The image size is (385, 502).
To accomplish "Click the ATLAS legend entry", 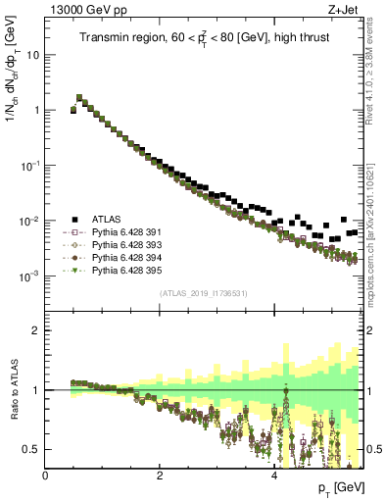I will tap(109, 219).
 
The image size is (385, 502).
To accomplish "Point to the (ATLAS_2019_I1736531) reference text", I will tap(203, 294).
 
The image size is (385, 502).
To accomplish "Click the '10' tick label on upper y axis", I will tap(31, 55).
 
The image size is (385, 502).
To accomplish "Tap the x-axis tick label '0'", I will tap(46, 477).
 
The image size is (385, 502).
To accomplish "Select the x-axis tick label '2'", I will tap(160, 477).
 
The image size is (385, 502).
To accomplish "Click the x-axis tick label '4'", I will tap(273, 477).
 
